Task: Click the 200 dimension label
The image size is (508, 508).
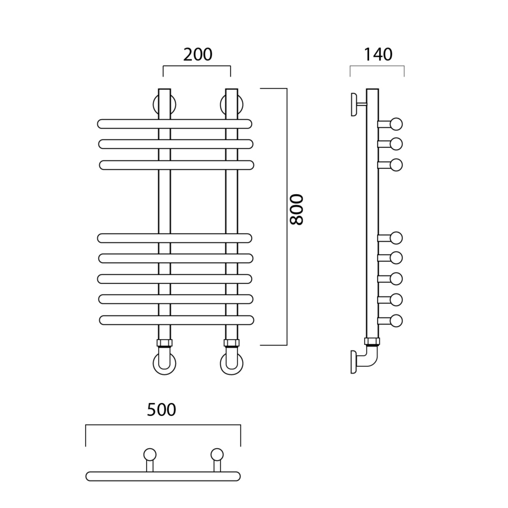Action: pyautogui.click(x=198, y=54)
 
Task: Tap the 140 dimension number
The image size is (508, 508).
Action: pyautogui.click(x=378, y=54)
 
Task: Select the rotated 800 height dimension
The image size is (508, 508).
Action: pyautogui.click(x=296, y=209)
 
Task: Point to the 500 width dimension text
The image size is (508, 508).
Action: pyautogui.click(x=161, y=410)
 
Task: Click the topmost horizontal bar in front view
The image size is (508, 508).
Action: pyautogui.click(x=174, y=124)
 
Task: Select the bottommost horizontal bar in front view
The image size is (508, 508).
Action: pyautogui.click(x=176, y=320)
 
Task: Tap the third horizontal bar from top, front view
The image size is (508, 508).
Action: pyautogui.click(x=176, y=165)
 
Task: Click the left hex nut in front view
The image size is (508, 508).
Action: pyautogui.click(x=165, y=343)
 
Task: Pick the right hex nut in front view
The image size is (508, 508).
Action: pyautogui.click(x=231, y=343)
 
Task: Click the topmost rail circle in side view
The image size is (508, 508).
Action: pyautogui.click(x=396, y=124)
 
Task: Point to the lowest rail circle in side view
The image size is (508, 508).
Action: pyautogui.click(x=396, y=321)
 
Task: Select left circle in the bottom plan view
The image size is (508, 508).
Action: pyautogui.click(x=150, y=454)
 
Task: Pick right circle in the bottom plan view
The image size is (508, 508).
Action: pyautogui.click(x=217, y=454)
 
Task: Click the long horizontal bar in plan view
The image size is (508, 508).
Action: pyautogui.click(x=163, y=476)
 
